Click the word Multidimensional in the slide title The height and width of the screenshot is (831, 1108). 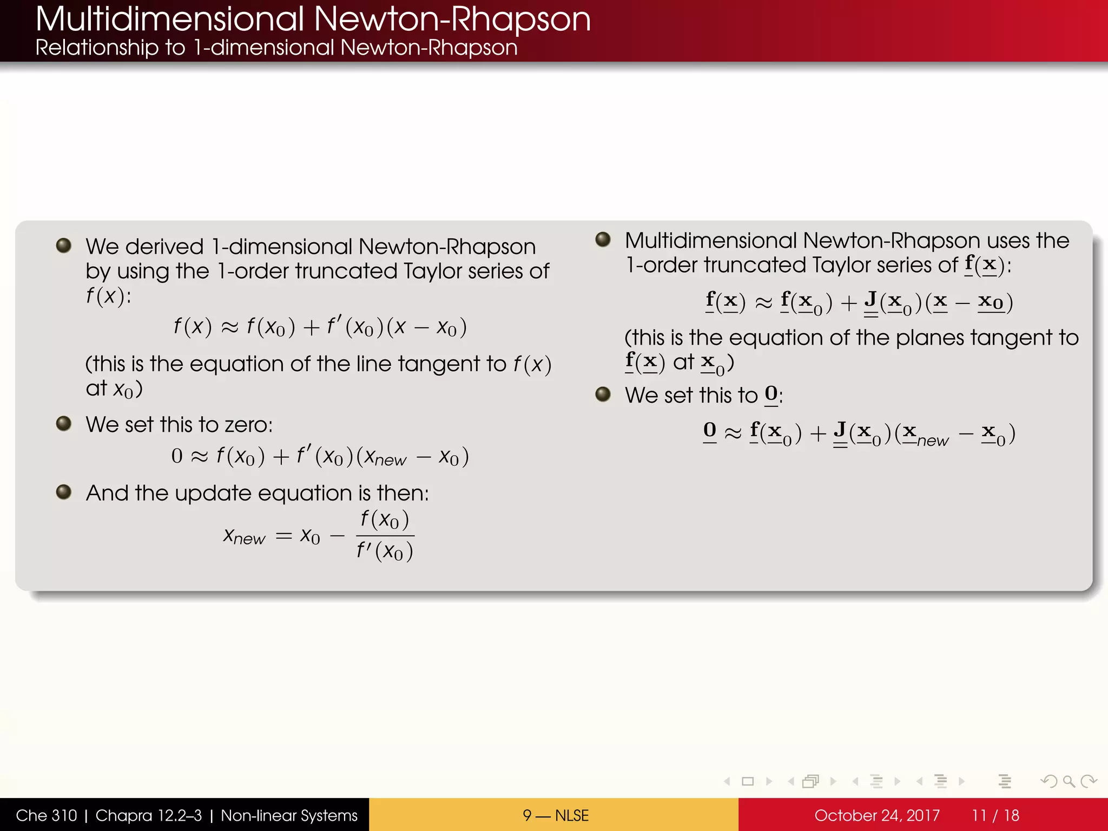(x=170, y=19)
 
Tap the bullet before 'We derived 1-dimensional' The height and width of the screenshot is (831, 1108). (x=64, y=246)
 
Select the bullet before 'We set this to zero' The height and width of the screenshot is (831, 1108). (x=64, y=424)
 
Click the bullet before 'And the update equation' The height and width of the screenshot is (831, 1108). (x=64, y=492)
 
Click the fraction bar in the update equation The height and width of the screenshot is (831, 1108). (x=385, y=536)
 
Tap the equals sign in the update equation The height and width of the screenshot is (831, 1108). (x=284, y=536)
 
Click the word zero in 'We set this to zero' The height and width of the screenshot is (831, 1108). (x=248, y=425)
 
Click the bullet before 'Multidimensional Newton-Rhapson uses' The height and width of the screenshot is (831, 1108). (x=603, y=240)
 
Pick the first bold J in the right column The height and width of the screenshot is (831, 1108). (x=870, y=300)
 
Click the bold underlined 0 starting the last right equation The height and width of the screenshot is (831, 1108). (x=710, y=431)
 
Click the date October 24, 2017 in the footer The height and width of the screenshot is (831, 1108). (x=876, y=815)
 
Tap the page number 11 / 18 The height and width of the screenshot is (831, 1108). (x=995, y=815)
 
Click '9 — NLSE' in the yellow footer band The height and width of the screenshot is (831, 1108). (x=555, y=815)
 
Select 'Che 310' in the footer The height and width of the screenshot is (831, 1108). (x=47, y=815)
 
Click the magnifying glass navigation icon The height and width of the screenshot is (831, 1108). (x=1069, y=781)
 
